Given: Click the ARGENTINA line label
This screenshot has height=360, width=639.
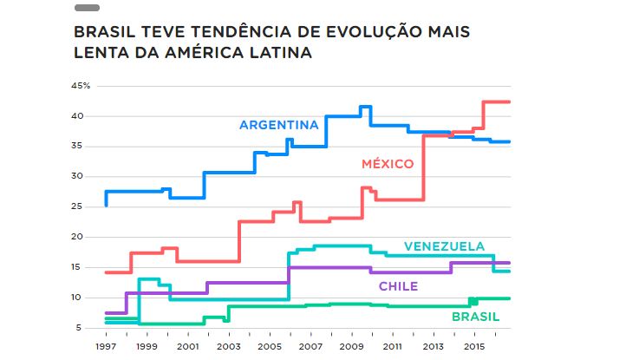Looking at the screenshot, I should (279, 124).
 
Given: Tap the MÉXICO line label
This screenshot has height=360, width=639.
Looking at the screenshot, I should (388, 163).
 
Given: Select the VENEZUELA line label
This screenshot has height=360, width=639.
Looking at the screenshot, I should (444, 246).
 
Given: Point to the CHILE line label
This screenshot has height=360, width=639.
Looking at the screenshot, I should (398, 286).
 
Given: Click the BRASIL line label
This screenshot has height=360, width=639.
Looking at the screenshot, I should (475, 317).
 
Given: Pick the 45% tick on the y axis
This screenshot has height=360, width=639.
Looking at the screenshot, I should (81, 86).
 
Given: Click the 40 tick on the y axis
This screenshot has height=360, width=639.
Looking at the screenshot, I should (77, 116).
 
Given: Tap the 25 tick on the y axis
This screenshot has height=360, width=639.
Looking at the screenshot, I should (77, 206).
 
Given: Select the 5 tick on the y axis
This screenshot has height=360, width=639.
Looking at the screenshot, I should (80, 327).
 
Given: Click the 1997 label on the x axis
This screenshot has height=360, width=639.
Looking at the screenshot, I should (105, 345).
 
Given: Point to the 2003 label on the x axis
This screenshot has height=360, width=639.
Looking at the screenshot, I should (228, 345).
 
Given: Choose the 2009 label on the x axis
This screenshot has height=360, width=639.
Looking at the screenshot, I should (351, 345).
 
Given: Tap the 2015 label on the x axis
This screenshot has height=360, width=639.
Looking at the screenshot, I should (473, 345).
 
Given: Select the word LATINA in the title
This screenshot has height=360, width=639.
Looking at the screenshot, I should (280, 53).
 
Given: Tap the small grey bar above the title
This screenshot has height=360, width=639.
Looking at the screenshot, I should (87, 8).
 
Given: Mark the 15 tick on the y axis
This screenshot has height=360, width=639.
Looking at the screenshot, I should (77, 267).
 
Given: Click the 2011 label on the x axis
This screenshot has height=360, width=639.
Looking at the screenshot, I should (392, 345).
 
